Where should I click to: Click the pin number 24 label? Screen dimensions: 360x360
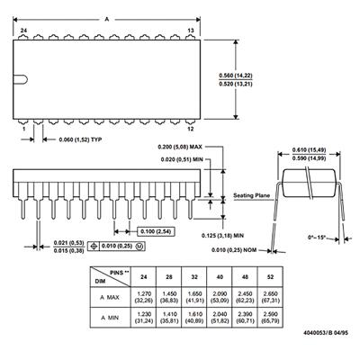coord(24,31)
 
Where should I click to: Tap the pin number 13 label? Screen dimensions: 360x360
coord(191,31)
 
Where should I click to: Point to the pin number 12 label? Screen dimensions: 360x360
coord(191,129)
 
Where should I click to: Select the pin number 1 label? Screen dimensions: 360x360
coord(24,129)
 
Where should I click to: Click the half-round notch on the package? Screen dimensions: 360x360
coord(21,79)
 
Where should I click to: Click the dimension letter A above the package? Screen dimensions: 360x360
coord(107,20)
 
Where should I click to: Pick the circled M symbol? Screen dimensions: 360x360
coord(139,246)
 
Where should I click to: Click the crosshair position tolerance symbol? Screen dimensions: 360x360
coord(94,246)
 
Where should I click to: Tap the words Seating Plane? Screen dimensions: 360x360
coord(252,195)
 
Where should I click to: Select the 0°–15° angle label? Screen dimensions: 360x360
coord(317,237)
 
